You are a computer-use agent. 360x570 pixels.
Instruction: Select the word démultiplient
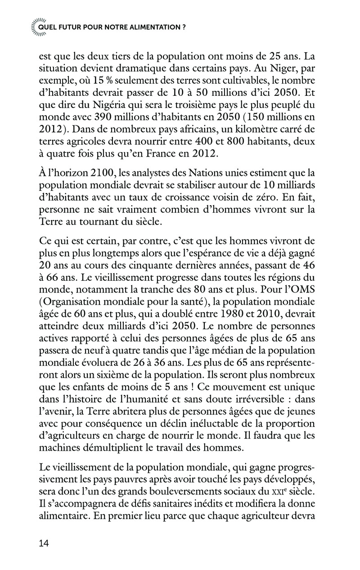tap(121, 448)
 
